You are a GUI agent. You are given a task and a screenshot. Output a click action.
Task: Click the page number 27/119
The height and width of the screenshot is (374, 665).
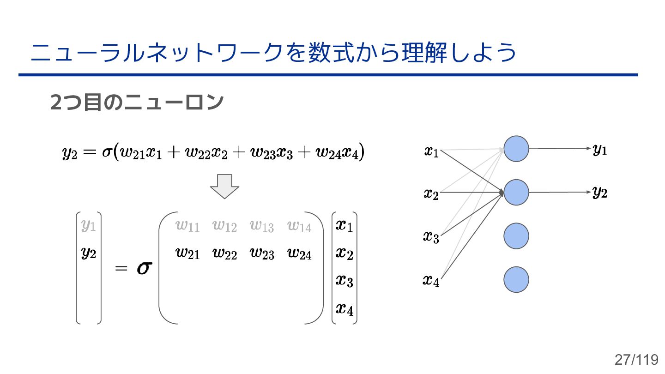(636, 359)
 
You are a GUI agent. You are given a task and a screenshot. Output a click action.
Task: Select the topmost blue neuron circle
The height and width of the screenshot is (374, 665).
(516, 149)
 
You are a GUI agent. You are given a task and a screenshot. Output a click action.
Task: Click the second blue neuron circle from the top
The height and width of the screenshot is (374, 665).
(516, 193)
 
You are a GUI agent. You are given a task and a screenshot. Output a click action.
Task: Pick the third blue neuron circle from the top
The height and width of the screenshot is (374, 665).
(516, 236)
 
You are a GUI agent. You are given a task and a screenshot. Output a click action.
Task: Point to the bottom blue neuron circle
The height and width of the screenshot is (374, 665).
(516, 279)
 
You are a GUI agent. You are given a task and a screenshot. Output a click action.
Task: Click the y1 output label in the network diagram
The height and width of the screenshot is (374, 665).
(600, 150)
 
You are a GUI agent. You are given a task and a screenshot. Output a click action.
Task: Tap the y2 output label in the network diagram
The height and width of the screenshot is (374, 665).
(600, 193)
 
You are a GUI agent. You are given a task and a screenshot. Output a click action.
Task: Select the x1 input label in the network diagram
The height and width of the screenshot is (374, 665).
(431, 151)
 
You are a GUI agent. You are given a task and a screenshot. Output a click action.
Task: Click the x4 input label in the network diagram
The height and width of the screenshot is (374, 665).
(431, 280)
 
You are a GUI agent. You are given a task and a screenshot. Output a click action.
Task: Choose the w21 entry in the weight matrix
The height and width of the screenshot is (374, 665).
(187, 253)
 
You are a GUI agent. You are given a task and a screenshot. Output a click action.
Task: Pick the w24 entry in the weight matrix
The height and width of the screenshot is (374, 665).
(299, 253)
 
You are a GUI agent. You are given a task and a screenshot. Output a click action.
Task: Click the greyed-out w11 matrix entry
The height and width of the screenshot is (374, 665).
(187, 226)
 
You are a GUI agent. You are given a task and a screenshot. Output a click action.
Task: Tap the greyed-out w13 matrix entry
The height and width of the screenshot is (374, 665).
(262, 226)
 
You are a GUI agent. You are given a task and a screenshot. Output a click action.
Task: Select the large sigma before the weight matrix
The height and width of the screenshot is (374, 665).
(144, 269)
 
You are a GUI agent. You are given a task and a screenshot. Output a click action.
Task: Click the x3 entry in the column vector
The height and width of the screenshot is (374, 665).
(344, 280)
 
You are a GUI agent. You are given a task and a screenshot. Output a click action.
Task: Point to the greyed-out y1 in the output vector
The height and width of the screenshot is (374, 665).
(88, 226)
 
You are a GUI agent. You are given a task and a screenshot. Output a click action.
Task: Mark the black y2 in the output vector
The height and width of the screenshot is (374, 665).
(88, 253)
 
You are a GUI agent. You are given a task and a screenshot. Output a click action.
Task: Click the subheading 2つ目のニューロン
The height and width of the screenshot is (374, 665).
(137, 103)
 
